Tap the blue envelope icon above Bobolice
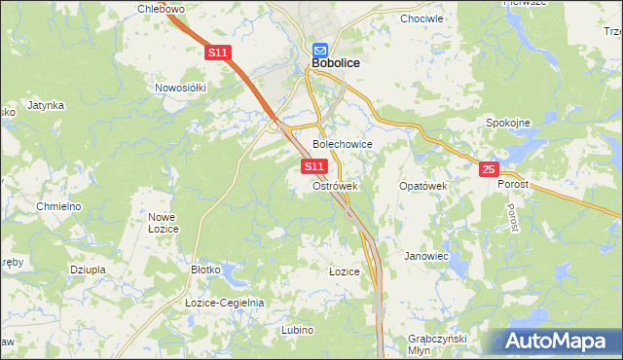coord(321,49)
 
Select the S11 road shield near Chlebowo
coord(217,54)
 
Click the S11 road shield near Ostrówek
coord(313,167)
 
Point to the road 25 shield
coord(489,170)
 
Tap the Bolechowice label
coord(342,144)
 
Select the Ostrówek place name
coord(336,185)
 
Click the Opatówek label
coord(422,185)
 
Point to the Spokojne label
coord(507,123)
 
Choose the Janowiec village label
coord(425,256)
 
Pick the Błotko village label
coord(207,270)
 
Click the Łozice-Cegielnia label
coord(225,303)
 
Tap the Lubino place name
coord(297,330)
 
